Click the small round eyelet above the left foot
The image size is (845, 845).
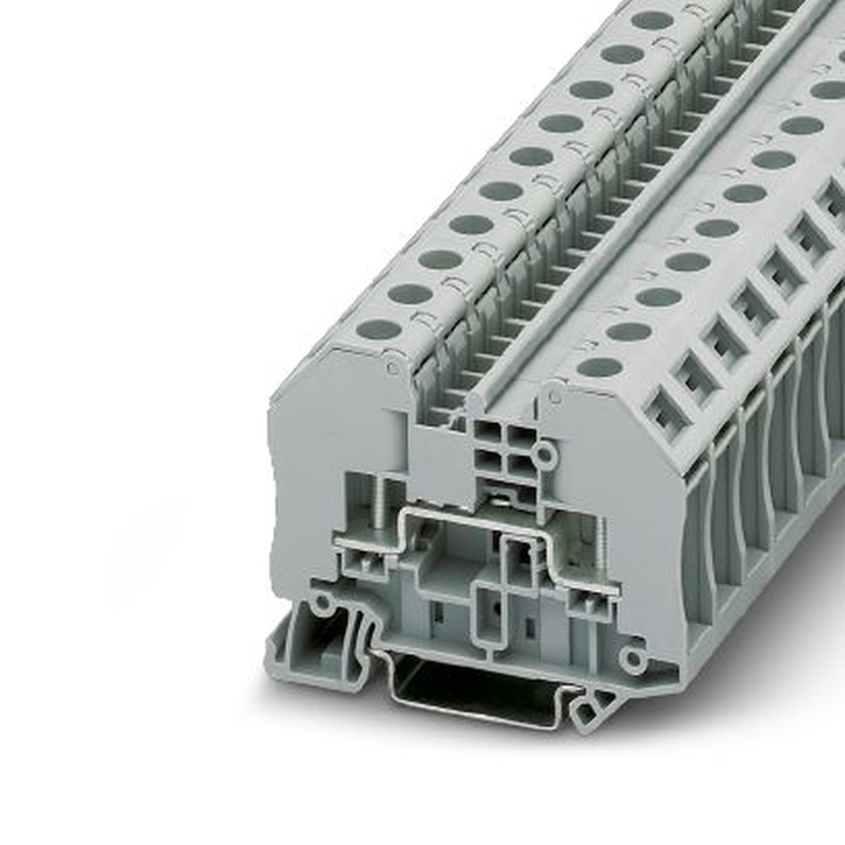pyautogui.click(x=322, y=602)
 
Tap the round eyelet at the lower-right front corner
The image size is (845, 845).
pyautogui.click(x=632, y=660)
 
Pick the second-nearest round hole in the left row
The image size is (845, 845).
pyautogui.click(x=410, y=294)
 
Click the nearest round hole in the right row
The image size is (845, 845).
pyautogui.click(x=599, y=367)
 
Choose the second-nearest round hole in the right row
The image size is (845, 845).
pyautogui.click(x=629, y=331)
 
